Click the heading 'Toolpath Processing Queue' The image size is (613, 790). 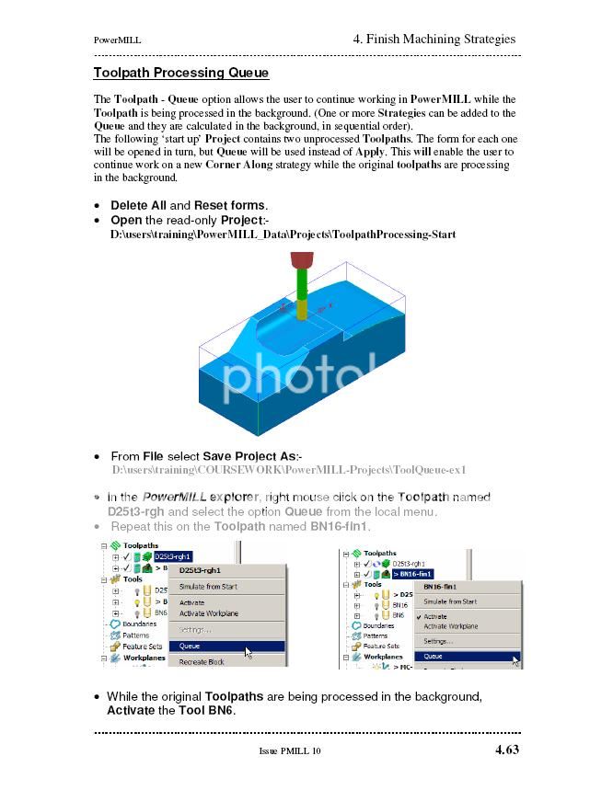(x=181, y=73)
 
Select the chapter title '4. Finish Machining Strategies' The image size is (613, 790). (x=434, y=39)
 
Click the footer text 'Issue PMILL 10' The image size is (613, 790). (x=290, y=751)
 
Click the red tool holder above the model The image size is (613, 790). (x=302, y=259)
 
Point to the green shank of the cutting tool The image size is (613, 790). (x=301, y=281)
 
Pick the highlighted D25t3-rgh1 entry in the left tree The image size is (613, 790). (x=173, y=556)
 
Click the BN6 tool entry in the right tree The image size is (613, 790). (x=399, y=614)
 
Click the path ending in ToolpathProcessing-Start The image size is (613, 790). (x=283, y=235)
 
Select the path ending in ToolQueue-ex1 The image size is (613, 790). (x=289, y=470)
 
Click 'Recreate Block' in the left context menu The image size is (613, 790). (x=201, y=662)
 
